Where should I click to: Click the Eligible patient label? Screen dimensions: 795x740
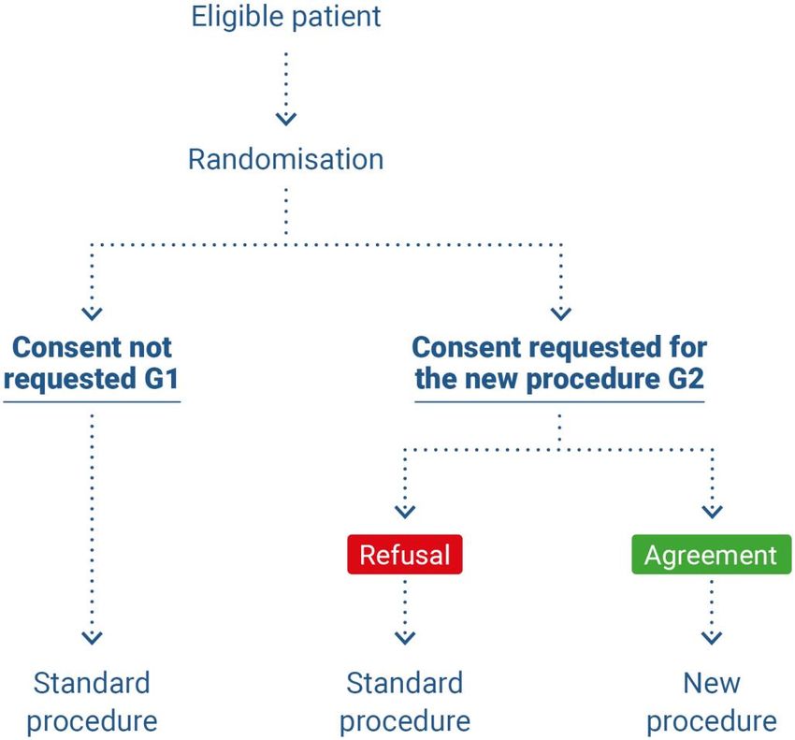point(286,17)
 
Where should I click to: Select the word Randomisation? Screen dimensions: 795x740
point(286,159)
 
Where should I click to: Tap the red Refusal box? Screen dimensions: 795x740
point(405,555)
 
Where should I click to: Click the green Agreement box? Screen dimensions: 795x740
point(712,555)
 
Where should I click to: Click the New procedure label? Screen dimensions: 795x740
point(712,702)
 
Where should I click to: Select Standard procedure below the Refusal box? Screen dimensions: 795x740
point(405,702)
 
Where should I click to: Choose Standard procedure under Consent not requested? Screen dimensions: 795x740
point(92,702)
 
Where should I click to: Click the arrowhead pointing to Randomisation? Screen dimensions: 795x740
point(286,119)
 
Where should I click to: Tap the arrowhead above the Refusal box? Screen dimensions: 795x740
point(405,512)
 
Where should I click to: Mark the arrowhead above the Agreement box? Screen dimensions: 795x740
point(712,512)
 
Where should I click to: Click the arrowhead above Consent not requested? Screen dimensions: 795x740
point(92,314)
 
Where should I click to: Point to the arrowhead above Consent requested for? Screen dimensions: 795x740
point(561,314)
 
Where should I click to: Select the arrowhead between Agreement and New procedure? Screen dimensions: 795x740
point(712,637)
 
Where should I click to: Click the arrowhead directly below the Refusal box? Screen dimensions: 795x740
point(405,637)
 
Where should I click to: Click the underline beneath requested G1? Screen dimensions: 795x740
point(92,402)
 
